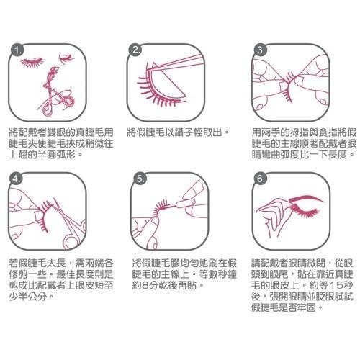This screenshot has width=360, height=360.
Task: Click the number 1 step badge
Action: [x=17, y=50]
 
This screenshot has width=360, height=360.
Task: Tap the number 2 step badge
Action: [x=135, y=50]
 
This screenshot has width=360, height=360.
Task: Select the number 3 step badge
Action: [x=261, y=50]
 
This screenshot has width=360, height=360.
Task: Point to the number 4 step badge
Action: [x=16, y=179]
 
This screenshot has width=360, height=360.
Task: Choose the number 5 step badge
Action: [x=140, y=179]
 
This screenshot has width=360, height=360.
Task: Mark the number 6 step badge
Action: [x=261, y=179]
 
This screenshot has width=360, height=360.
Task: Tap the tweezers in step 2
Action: [x=175, y=63]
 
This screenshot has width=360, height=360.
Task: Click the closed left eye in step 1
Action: [x=33, y=62]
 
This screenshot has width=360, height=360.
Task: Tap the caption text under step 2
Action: [x=179, y=132]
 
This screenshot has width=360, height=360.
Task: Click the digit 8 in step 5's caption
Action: [x=145, y=285]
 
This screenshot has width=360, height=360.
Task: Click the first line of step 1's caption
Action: [x=61, y=132]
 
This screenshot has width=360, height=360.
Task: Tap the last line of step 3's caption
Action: [x=303, y=154]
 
